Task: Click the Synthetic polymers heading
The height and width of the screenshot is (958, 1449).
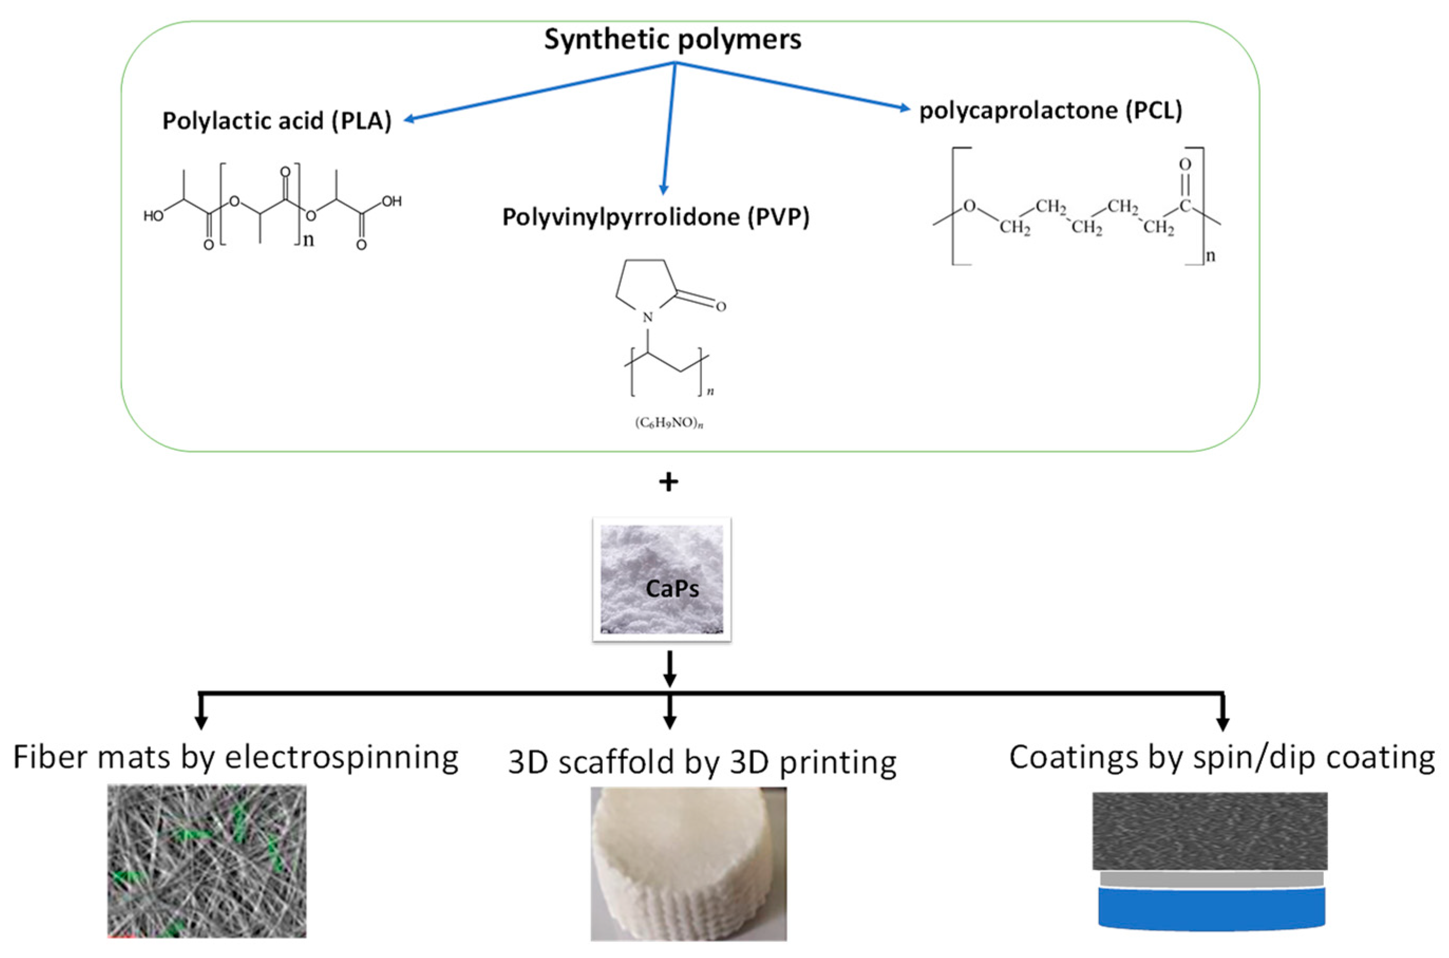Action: tap(673, 40)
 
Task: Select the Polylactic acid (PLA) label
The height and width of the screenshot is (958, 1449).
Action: tap(277, 120)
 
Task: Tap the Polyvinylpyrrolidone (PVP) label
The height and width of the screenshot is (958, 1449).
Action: tap(656, 217)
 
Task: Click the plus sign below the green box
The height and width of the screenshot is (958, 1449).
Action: tap(668, 482)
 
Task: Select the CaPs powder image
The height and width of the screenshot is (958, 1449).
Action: tap(661, 579)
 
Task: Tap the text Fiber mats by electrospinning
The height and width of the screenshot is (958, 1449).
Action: tap(236, 757)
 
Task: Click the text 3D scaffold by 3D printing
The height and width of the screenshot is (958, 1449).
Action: tap(702, 762)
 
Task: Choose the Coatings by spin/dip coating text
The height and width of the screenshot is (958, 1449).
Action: tap(1222, 757)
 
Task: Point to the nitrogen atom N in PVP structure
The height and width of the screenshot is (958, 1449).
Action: tap(648, 317)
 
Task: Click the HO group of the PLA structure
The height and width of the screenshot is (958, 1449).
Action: tap(153, 216)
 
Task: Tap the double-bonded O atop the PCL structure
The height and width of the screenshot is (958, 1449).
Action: tap(1185, 164)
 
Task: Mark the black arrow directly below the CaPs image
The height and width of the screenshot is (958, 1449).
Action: tap(669, 669)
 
